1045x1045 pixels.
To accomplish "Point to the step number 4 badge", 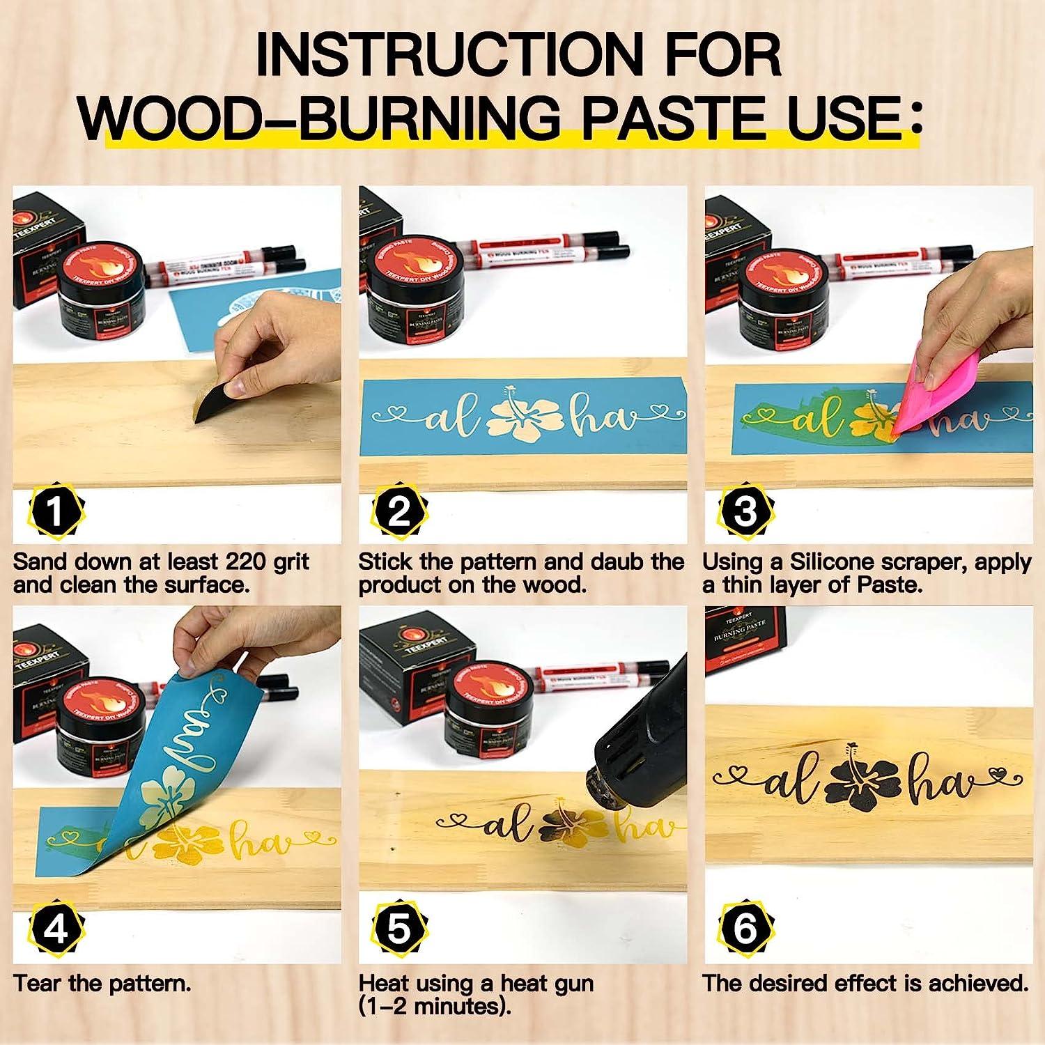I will click(x=56, y=930).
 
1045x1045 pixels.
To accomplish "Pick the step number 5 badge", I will click(x=399, y=930).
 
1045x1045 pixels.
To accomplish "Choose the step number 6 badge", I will click(x=745, y=930).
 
